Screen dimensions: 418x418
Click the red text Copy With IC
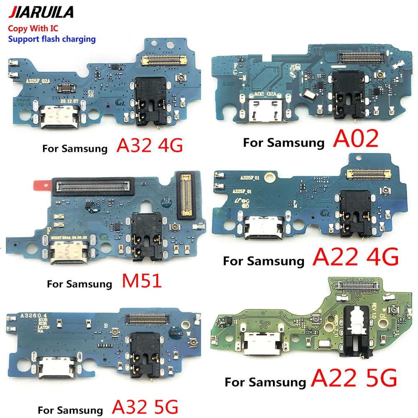pos(32,29)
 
